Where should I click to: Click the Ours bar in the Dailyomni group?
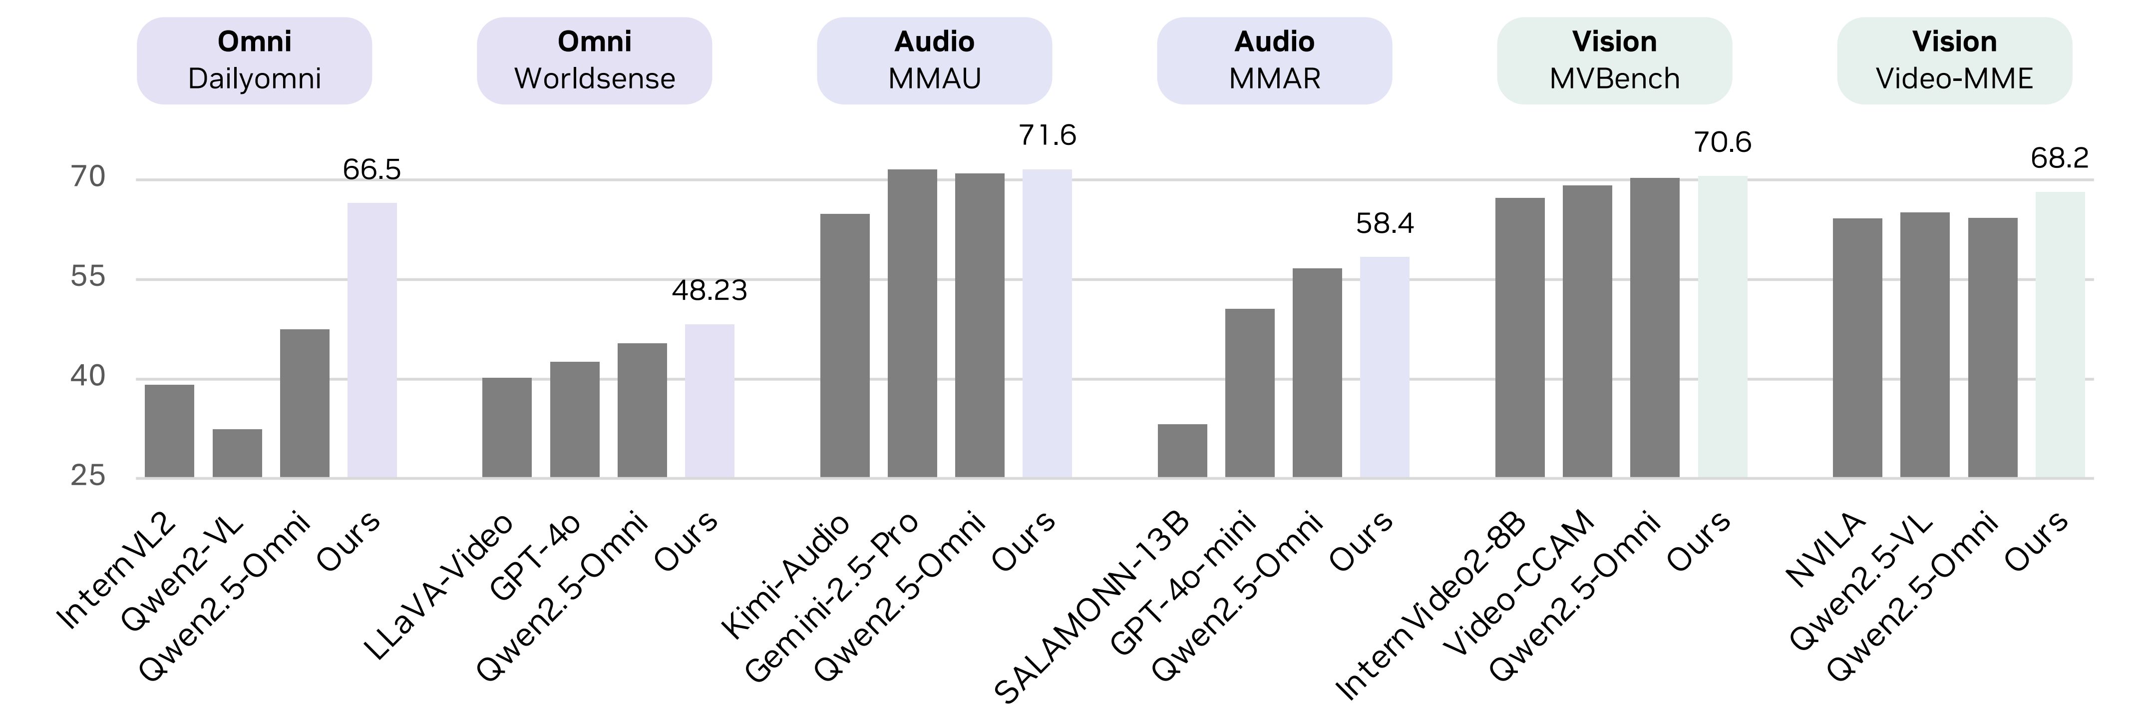pos(372,340)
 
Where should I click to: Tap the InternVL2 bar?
pos(169,431)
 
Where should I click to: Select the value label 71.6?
pos(1048,135)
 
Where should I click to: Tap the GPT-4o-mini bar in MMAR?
pos(1250,393)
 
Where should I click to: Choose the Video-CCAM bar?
pos(1587,331)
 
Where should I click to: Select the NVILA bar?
pos(1857,348)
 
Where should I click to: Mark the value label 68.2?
pos(2060,158)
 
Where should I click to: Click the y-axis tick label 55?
pos(88,276)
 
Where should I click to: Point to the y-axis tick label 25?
pos(88,476)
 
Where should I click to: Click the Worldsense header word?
pos(595,78)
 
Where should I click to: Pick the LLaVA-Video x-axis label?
pos(440,586)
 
